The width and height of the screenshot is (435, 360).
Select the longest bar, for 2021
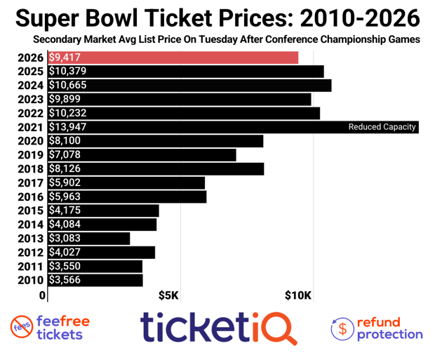210,127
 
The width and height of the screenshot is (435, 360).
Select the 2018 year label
32,169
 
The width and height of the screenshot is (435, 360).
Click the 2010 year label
32,281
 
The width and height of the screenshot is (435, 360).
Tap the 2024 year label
32,85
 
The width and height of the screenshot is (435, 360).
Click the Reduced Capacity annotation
382,127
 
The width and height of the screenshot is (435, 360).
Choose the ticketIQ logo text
218,327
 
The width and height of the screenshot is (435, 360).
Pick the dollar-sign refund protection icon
342,327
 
